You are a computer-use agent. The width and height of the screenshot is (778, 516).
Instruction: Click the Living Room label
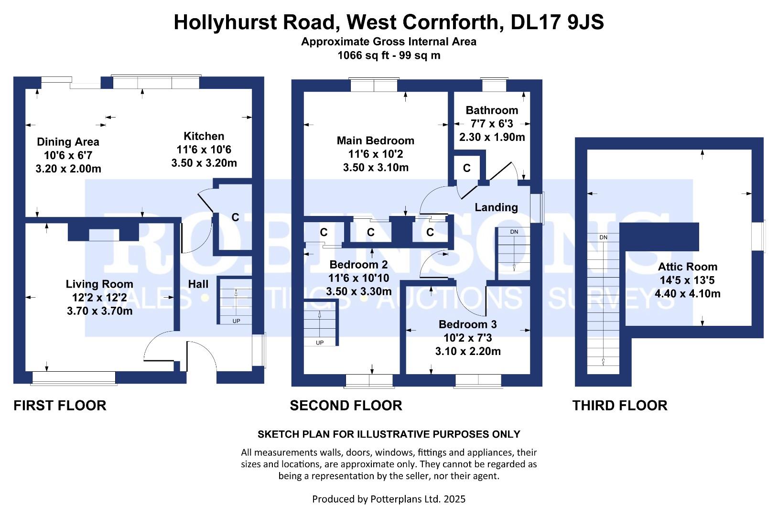tap(99, 284)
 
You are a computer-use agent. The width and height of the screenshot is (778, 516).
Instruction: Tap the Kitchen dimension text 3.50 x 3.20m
tap(204, 163)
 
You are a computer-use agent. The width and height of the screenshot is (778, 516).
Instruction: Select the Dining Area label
tap(68, 142)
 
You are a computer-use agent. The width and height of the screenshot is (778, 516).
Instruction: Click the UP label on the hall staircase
tap(236, 321)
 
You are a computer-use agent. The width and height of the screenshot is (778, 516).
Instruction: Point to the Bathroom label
tap(492, 110)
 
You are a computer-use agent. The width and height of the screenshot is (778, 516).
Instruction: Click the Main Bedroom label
tap(375, 140)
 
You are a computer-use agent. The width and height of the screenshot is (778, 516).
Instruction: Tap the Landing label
tap(496, 207)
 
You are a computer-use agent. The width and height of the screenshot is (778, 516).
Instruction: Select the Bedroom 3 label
tap(467, 324)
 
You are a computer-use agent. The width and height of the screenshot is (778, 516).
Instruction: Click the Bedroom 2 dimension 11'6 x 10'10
tap(358, 278)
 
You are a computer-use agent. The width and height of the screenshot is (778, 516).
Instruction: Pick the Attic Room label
tap(687, 267)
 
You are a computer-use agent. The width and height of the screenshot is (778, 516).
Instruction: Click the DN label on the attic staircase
tap(603, 237)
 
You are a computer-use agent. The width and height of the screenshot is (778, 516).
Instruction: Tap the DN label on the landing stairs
tap(514, 232)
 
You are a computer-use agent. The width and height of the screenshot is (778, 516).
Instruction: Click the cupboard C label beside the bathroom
tap(466, 168)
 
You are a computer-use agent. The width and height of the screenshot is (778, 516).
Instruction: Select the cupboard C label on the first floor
tap(235, 217)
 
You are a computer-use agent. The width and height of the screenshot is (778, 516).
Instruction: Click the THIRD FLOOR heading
tap(619, 406)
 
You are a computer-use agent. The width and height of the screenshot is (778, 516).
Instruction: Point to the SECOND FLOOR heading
tap(346, 406)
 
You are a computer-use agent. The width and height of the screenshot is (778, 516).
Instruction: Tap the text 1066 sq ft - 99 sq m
tap(389, 55)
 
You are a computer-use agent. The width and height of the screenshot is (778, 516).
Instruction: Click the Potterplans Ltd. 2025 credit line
tap(389, 499)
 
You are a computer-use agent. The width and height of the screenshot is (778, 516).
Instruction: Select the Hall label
tap(198, 284)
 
